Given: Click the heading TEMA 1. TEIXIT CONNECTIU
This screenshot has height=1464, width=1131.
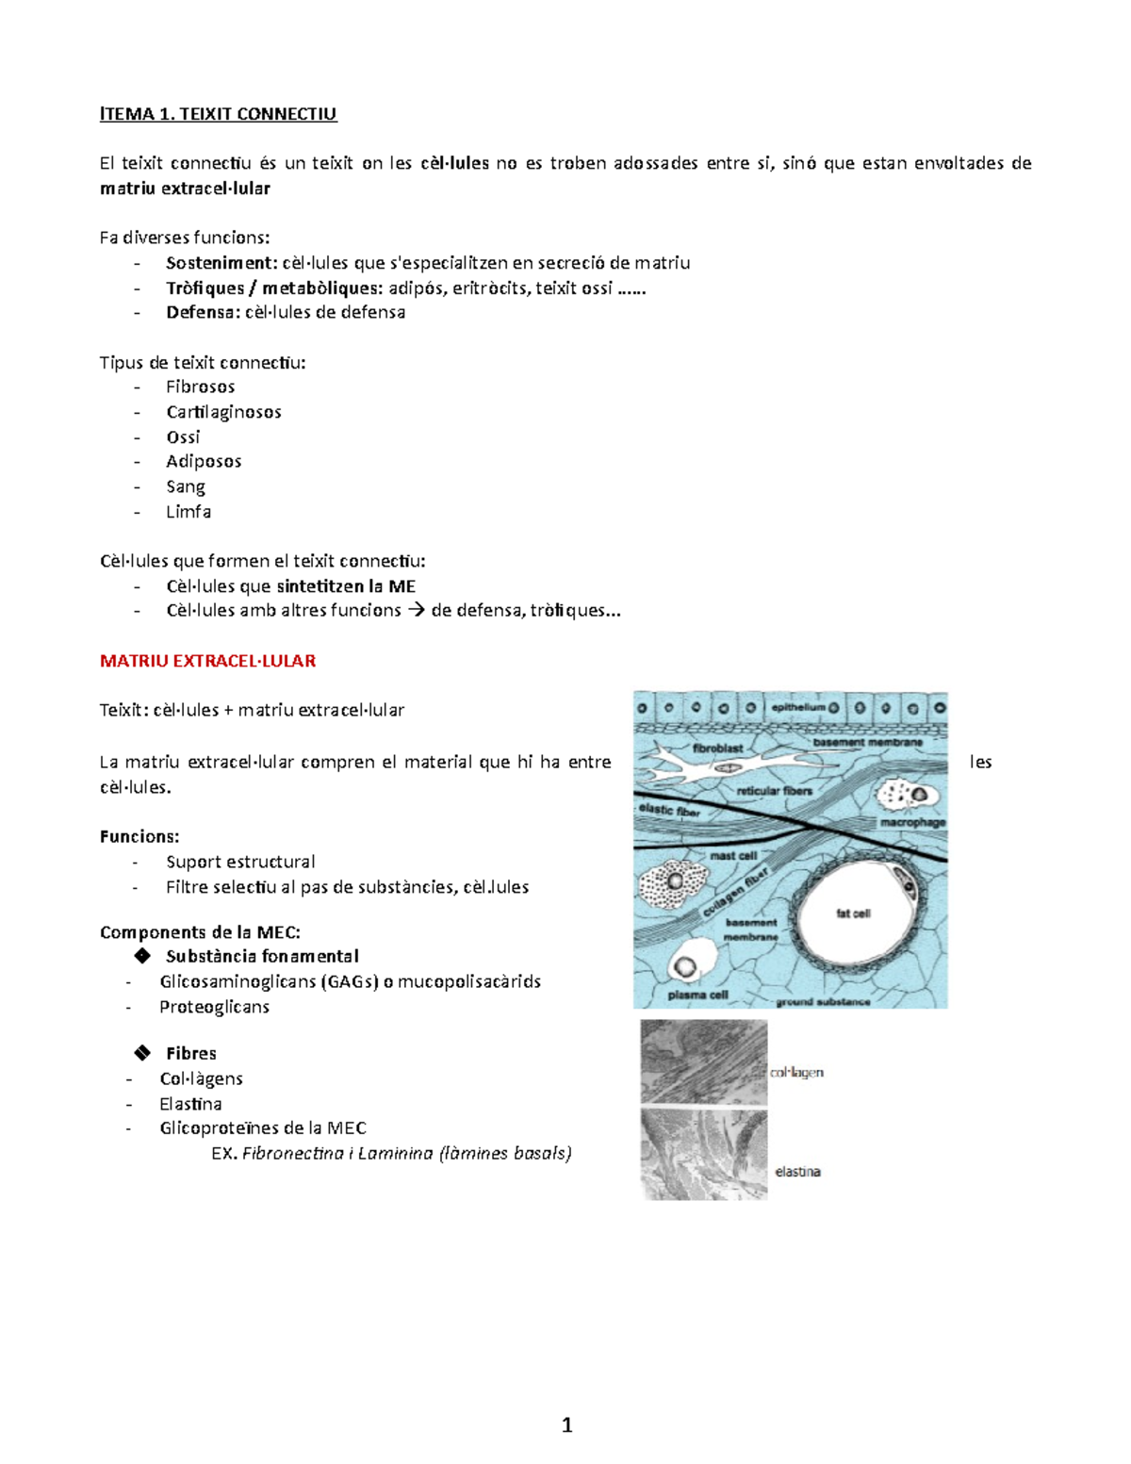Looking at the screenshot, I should coord(219,114).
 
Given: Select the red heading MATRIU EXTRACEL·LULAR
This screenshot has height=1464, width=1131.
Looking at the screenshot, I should coord(207,661).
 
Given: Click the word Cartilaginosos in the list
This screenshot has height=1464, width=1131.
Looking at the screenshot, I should coord(223,412).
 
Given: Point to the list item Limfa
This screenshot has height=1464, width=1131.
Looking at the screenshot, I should coord(188,512).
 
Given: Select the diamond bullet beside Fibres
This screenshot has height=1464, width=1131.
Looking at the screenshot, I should coord(142,1053).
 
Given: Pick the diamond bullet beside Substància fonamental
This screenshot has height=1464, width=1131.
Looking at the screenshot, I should coord(142,956).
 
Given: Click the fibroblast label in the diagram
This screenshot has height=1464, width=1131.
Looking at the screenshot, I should coord(717,748).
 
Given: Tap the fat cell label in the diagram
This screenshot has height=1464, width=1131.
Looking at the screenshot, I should coord(853,913).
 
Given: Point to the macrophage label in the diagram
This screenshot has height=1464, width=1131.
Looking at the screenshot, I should coord(911,822).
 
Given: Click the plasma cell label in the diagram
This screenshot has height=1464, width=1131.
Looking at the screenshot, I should coord(697,995).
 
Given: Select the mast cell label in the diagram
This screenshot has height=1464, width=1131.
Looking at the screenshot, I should coord(733,856).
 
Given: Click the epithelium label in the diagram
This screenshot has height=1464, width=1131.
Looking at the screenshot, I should coord(797,707).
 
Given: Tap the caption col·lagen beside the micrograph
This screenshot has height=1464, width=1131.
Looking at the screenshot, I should coord(796,1072).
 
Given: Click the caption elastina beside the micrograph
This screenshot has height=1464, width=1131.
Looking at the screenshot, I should coord(797,1172).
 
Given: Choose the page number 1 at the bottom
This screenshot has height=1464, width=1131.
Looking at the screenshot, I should coord(566,1424).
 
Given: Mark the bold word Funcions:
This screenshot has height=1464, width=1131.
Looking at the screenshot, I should coord(139,836).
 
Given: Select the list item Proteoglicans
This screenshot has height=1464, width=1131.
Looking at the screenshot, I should coord(214,1007).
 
